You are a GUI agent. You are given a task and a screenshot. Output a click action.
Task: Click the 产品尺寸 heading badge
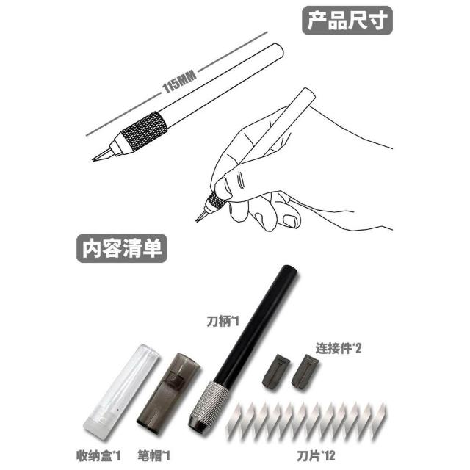(347, 20)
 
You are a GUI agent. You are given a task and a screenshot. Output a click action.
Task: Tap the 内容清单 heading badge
(122, 248)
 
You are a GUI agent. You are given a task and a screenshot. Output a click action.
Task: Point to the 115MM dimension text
(179, 82)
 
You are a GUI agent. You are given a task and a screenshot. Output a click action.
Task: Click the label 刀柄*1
(223, 322)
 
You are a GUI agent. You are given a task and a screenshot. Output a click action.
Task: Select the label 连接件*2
(339, 348)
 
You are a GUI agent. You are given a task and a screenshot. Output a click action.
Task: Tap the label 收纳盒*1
(98, 456)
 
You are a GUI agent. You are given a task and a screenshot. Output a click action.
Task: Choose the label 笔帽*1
(153, 456)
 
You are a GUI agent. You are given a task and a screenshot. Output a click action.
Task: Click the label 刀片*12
(316, 456)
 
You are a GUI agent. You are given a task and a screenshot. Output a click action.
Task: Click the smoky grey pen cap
(168, 393)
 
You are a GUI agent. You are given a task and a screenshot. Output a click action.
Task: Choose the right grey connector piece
(305, 372)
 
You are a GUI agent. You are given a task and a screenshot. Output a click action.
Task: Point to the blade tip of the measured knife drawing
(93, 159)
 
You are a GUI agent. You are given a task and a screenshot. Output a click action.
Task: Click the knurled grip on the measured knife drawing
(144, 131)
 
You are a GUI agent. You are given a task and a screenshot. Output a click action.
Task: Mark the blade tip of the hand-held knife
(197, 221)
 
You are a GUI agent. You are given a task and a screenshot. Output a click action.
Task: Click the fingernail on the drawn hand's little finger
(290, 221)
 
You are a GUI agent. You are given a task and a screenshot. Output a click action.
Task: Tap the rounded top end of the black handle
(289, 269)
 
